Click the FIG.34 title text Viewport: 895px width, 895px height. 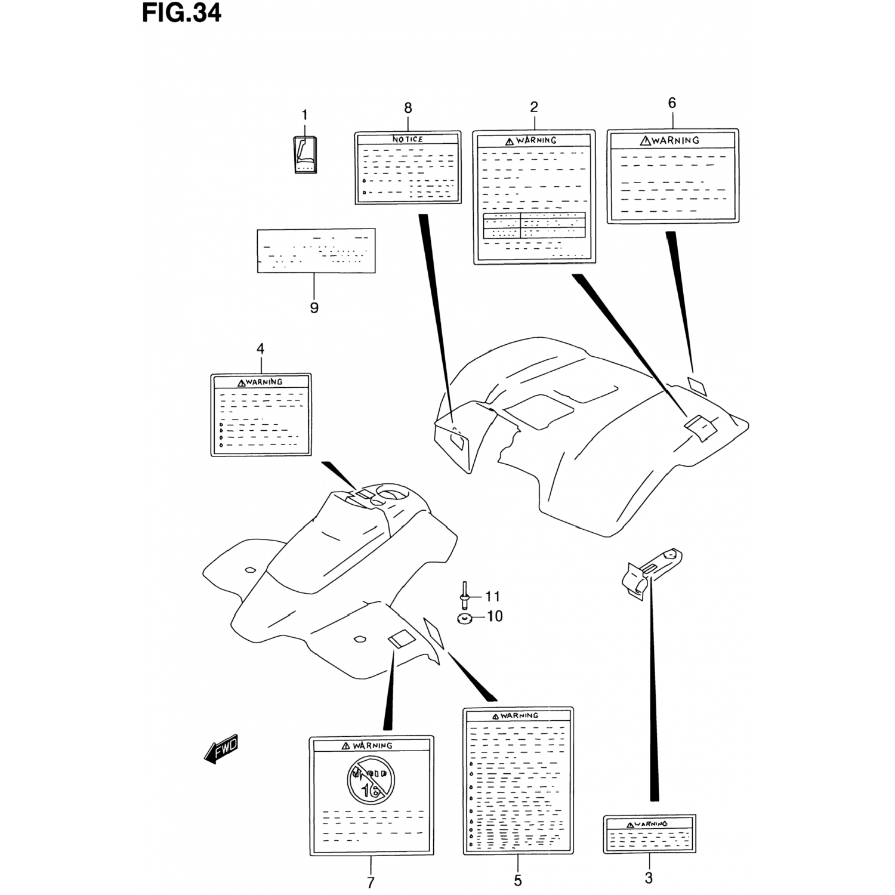[181, 13]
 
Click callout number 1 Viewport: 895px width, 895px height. [304, 115]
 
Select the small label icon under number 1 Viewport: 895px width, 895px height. [305, 155]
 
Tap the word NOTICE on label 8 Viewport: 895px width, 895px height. [408, 139]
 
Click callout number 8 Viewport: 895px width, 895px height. [408, 108]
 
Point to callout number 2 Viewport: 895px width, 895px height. [534, 107]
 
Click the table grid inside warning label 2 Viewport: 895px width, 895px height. [534, 225]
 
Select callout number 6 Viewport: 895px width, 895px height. [672, 103]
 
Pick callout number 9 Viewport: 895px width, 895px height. [314, 308]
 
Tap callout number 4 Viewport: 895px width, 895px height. [260, 348]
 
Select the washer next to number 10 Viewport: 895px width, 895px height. [464, 617]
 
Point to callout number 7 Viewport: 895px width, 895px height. [371, 882]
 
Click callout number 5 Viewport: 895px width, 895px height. [517, 880]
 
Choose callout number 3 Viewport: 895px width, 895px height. [649, 878]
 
